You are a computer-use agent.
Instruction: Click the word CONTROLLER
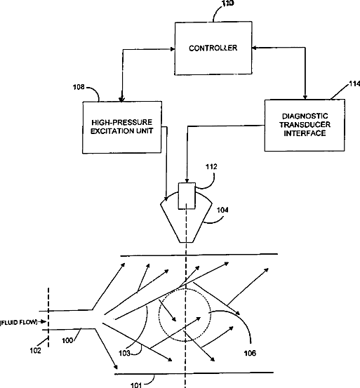point(213,48)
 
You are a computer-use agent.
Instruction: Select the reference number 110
point(228,4)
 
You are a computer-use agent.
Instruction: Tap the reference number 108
point(79,87)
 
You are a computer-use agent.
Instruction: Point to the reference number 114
point(354,84)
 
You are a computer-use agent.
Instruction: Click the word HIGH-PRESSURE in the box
point(121,123)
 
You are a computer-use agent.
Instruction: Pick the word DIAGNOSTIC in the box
point(305,116)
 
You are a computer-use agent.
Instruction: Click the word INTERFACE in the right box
point(305,133)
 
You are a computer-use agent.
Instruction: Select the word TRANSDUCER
point(305,125)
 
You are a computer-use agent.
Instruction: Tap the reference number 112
point(211,167)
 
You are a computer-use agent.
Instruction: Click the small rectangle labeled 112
point(187,196)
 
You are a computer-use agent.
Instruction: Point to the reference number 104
point(222,210)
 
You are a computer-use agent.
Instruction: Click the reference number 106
point(250,353)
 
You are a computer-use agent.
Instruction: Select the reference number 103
point(124,353)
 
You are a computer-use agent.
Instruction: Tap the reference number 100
point(67,340)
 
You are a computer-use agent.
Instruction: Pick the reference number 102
point(35,351)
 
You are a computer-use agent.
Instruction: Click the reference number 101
point(136,385)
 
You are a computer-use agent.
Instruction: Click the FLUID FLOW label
point(19,323)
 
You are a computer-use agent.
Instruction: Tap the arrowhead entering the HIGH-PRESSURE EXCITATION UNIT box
point(121,100)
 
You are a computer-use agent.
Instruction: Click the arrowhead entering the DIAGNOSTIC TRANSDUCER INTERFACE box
point(305,98)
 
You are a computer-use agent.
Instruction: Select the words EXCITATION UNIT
point(121,131)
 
